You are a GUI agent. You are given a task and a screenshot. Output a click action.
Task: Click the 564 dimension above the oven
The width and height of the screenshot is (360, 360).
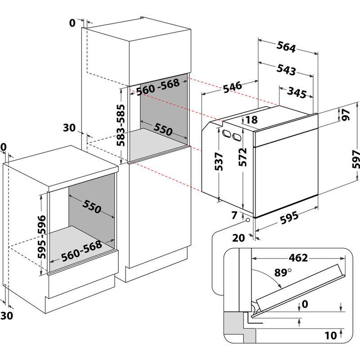tap(285, 47)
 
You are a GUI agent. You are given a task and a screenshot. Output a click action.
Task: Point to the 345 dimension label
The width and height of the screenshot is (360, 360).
tap(297, 93)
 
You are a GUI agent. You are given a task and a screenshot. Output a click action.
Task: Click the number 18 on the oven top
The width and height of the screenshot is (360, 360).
tap(252, 120)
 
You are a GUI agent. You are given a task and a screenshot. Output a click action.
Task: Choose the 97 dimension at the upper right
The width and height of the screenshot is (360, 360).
tap(346, 115)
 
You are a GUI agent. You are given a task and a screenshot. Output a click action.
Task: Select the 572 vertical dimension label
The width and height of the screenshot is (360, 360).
tap(243, 157)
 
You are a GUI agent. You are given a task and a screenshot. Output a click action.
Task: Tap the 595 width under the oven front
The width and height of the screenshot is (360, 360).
tap(289, 218)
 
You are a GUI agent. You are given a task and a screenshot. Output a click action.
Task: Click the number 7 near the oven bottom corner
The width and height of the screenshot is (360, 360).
tap(234, 216)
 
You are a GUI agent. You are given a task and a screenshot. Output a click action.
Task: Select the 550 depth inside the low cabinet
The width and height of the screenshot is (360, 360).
tap(92, 206)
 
